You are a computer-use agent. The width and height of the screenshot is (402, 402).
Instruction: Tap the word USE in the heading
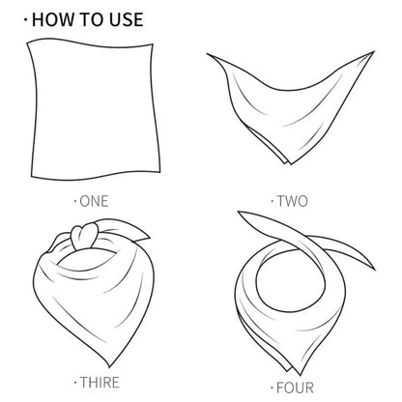click(123, 18)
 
